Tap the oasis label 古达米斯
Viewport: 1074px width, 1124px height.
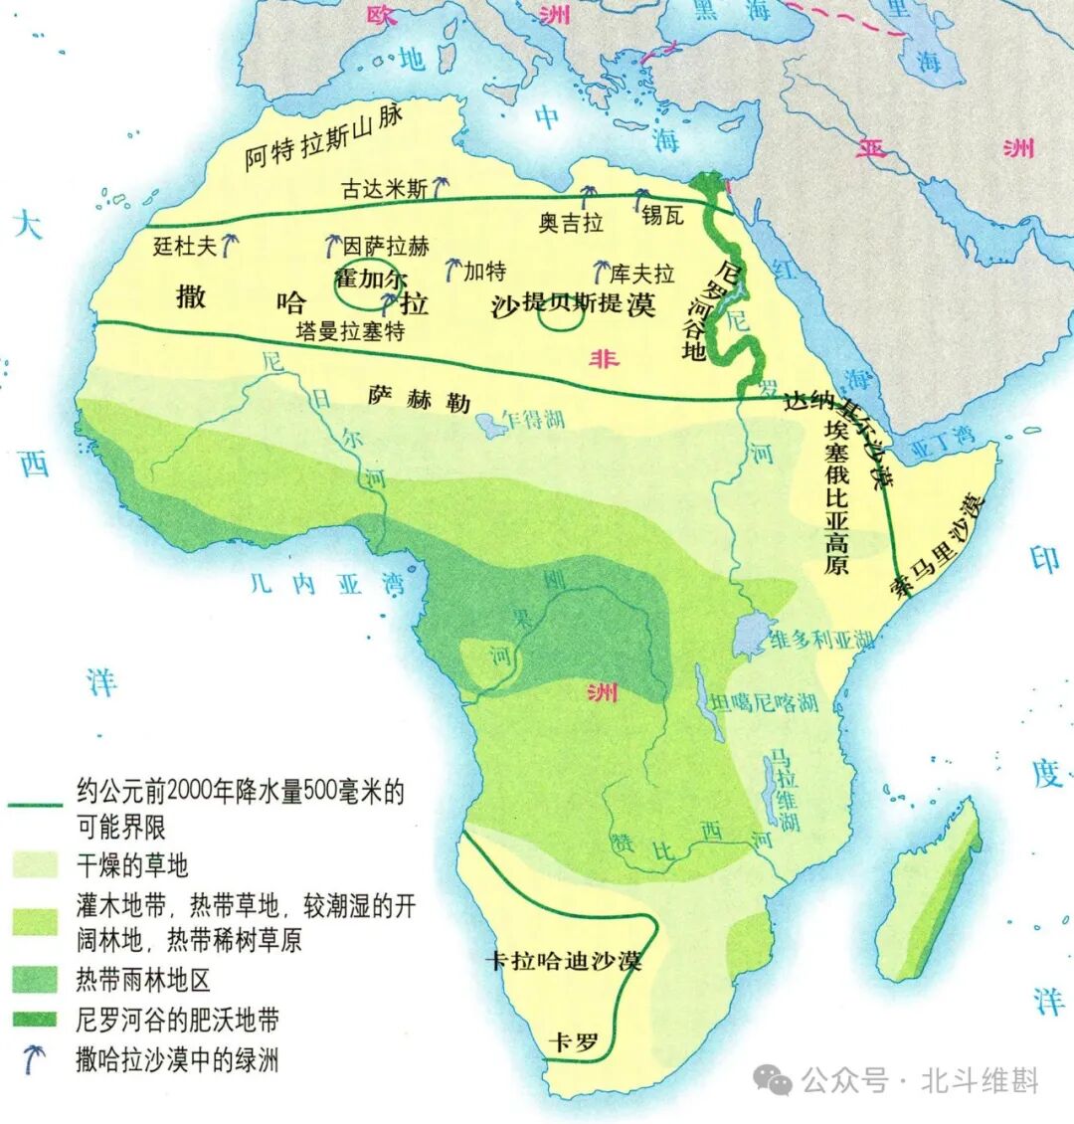(385, 188)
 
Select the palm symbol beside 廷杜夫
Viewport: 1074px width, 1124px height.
(231, 244)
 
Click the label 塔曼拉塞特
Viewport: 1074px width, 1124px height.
(350, 330)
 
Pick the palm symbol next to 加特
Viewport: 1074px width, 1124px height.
(452, 269)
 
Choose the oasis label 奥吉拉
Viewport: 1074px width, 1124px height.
(571, 223)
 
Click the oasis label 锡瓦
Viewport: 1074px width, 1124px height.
(662, 215)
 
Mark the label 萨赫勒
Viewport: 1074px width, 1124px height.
(419, 399)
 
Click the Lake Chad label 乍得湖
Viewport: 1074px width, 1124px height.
(533, 419)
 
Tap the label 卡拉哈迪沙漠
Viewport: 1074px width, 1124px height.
(563, 961)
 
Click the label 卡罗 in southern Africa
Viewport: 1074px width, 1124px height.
(575, 1041)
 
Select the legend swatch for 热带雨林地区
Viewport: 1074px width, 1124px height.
(36, 980)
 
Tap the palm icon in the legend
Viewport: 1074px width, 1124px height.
(36, 1059)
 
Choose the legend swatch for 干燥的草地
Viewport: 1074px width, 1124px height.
(36, 865)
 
